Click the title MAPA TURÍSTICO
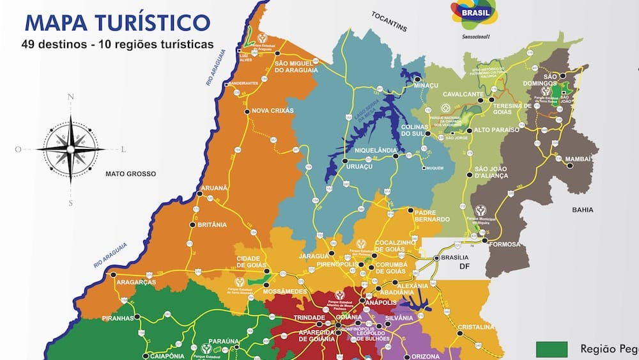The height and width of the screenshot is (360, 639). pos(117,22)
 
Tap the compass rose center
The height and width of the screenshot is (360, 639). pos(70,148)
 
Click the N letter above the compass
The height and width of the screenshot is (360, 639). pos(71,97)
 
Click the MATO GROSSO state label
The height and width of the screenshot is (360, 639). pos(130,173)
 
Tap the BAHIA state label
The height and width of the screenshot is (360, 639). pos(583,210)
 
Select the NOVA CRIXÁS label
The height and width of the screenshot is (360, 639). pos(273,111)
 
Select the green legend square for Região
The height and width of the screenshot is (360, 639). pos(551,349)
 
